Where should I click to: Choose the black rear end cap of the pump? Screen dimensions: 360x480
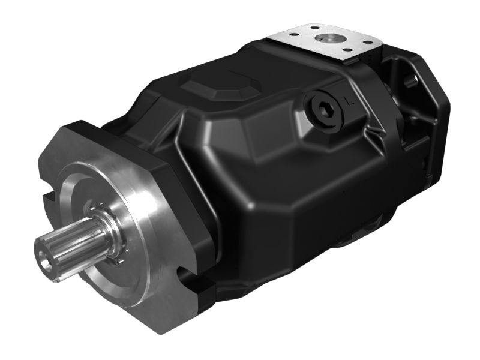(x=420, y=138)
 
